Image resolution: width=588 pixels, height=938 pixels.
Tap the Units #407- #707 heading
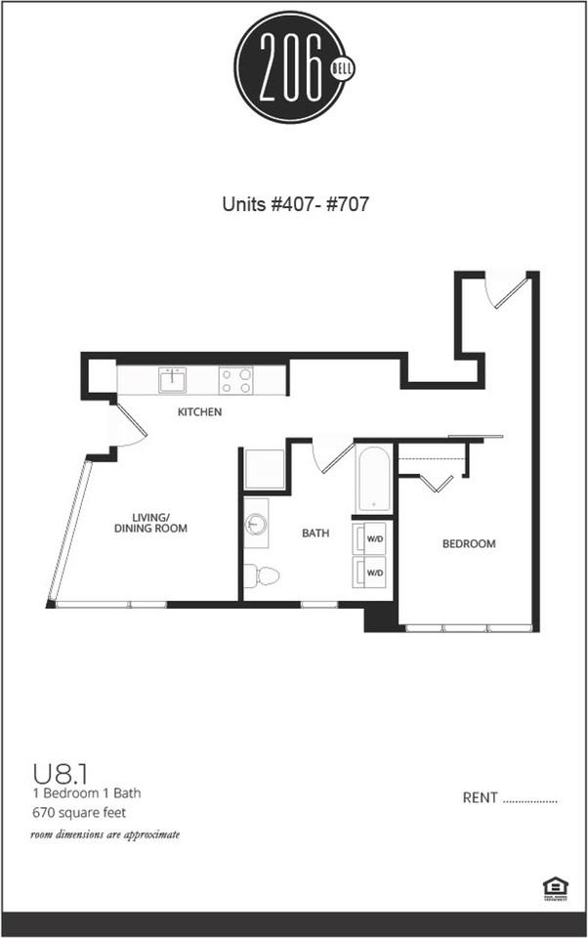click(x=294, y=205)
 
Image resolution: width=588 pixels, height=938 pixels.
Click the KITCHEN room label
click(x=199, y=412)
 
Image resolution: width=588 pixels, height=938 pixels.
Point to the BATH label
click(x=315, y=533)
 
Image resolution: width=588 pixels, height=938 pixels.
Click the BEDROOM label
click(x=469, y=544)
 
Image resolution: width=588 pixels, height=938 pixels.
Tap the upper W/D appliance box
click(x=374, y=537)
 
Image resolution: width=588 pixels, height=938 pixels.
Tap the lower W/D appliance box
click(x=374, y=571)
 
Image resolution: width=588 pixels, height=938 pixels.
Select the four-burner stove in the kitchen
click(x=235, y=379)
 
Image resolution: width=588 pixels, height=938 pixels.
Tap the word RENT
click(x=481, y=798)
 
